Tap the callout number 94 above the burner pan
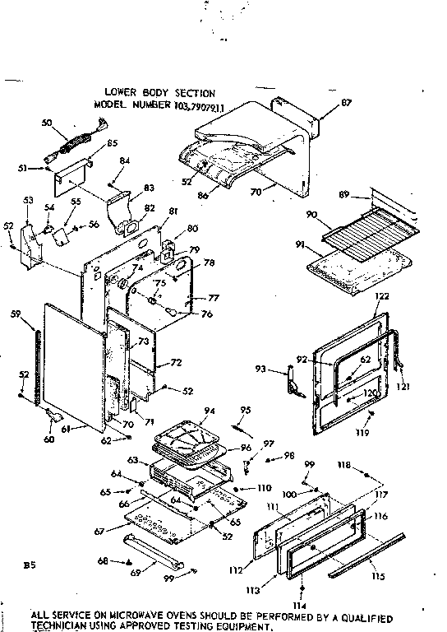[210, 410]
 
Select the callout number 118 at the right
[345, 466]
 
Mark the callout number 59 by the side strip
[38, 313]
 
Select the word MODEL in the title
[112, 106]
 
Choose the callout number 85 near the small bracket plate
[111, 142]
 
